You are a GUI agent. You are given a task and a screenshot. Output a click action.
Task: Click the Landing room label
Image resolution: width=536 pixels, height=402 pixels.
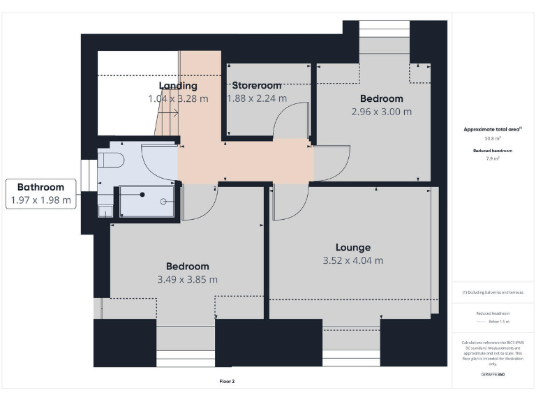(x=178, y=86)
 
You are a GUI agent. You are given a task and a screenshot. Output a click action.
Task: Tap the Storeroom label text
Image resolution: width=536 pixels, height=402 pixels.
(x=257, y=86)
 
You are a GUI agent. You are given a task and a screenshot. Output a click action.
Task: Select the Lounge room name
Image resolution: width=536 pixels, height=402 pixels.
(x=352, y=247)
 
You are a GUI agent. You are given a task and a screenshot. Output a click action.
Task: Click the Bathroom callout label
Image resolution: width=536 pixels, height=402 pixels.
(x=40, y=187)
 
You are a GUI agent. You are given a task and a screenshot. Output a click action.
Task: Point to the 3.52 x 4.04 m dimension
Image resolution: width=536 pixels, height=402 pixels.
(x=352, y=261)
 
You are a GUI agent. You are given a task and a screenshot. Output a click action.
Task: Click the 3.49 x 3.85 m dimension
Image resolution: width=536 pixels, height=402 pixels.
(x=187, y=279)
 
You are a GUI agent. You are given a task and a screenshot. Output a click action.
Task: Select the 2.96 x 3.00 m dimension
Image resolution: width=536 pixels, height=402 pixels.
(x=381, y=112)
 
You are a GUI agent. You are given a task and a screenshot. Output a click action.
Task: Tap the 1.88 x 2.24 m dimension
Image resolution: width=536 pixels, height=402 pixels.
(x=257, y=99)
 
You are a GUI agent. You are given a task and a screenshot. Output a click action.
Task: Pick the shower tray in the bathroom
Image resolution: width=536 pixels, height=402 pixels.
(x=147, y=201)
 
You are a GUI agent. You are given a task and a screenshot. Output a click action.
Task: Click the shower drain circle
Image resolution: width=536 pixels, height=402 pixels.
(x=163, y=202)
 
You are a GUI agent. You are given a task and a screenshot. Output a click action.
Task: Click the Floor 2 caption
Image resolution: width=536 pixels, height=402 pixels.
(x=227, y=382)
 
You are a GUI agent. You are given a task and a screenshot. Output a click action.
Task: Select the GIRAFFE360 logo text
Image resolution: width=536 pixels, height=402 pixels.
(x=493, y=375)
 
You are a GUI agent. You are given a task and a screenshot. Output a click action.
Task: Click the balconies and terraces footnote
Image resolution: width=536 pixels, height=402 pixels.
(x=493, y=292)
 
